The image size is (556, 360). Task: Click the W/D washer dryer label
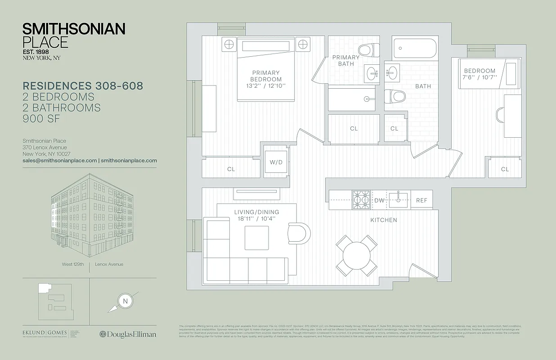click(276, 162)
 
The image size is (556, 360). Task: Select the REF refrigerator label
click(421, 201)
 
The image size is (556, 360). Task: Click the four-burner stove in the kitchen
click(360, 198)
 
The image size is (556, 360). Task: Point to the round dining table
click(356, 256)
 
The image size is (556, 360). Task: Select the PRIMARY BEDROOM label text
click(266, 76)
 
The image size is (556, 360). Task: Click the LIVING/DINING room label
click(256, 212)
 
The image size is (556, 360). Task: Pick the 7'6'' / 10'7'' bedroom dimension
click(480, 77)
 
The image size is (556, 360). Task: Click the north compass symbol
click(125, 301)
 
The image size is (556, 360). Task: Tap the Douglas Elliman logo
click(128, 334)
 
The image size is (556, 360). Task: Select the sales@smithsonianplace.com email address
click(60, 160)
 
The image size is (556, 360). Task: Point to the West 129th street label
click(73, 264)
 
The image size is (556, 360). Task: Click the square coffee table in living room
click(256, 238)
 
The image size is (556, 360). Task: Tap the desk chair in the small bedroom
click(501, 115)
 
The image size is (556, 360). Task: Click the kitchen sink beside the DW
click(399, 198)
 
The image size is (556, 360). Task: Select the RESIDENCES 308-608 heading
click(83, 86)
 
